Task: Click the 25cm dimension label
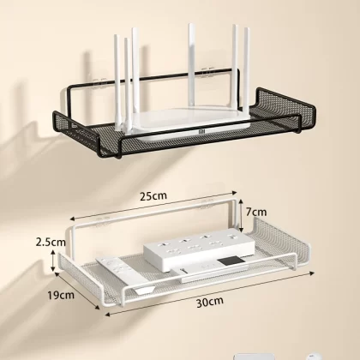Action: tap(153, 196)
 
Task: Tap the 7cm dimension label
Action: tap(256, 212)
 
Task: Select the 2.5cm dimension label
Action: tap(51, 243)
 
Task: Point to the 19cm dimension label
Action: tap(61, 295)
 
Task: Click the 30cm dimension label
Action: tap(210, 303)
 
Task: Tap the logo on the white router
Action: tap(201, 131)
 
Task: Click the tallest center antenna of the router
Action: tap(192, 66)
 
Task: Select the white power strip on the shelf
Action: tap(200, 249)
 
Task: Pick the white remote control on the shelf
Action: tap(126, 275)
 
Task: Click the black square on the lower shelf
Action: tap(232, 261)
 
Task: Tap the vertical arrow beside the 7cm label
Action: tap(241, 215)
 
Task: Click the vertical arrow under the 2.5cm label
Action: tap(52, 260)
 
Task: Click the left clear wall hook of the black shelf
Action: tap(99, 83)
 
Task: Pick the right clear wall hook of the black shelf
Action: tap(207, 73)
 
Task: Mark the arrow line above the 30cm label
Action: tap(209, 294)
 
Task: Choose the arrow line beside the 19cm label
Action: tap(76, 291)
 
